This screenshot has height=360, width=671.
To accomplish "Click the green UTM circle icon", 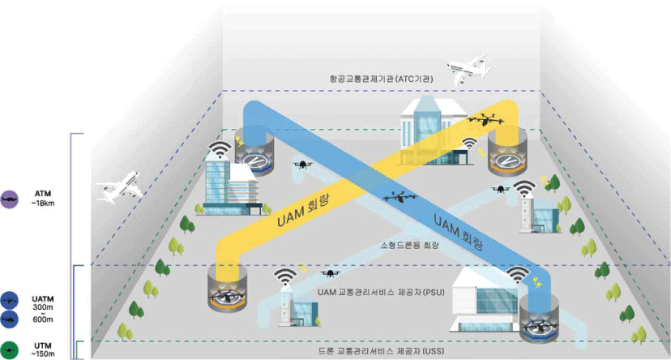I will [11, 349].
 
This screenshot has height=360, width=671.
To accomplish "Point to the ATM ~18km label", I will [42, 198].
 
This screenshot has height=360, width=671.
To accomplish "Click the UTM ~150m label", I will [42, 349].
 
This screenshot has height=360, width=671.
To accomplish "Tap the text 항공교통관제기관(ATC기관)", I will [381, 79].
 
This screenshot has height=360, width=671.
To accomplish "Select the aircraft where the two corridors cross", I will [397, 196].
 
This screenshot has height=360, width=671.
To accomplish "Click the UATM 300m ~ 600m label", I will [42, 308].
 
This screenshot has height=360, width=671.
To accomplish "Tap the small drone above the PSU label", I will [331, 273].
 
